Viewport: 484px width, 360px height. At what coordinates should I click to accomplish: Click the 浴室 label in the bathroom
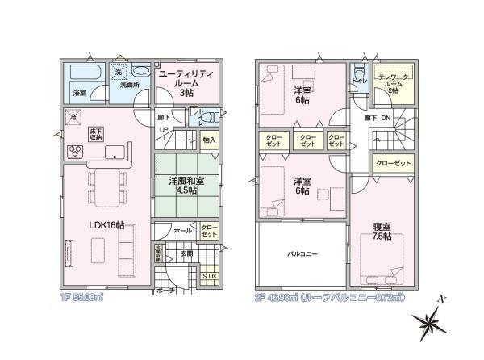(x=81, y=94)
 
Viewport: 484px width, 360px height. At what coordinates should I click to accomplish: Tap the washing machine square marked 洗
(x=119, y=72)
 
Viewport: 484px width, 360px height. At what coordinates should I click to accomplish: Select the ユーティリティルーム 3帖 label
(x=186, y=82)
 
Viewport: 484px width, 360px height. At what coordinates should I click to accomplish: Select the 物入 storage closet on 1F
(x=209, y=140)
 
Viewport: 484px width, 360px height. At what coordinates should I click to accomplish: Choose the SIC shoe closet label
(x=209, y=278)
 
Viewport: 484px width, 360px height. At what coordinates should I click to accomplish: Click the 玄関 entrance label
(x=186, y=253)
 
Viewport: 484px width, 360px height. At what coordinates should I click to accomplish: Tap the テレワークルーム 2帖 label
(x=394, y=86)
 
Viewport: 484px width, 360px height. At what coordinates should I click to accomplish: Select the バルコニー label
(x=302, y=253)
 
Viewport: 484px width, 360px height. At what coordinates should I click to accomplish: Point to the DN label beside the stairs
(x=386, y=118)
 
